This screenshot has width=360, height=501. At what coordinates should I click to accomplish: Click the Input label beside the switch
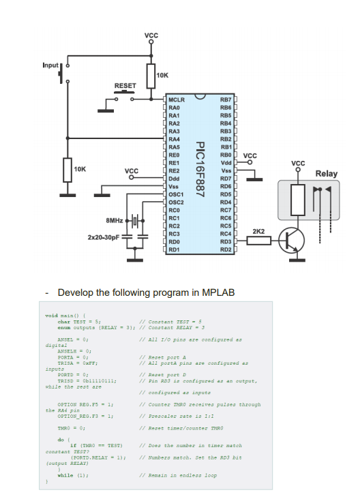point(50,65)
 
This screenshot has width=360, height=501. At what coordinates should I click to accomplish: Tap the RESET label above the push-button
point(125,87)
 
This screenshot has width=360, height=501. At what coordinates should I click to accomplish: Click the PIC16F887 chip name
point(200,171)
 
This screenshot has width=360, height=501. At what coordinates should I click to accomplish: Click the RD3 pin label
point(226,241)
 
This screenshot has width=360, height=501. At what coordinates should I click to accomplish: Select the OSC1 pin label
point(176,194)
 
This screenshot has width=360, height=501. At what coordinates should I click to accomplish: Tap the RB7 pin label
point(226,100)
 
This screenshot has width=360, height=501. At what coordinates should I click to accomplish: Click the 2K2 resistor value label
point(258,232)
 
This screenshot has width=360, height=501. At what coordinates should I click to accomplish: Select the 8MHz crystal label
point(115,220)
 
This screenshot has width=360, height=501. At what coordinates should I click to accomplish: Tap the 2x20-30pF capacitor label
point(103,237)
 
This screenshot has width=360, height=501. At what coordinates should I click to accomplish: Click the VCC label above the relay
point(298,164)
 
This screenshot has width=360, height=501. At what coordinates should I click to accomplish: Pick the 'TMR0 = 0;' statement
point(71,427)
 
